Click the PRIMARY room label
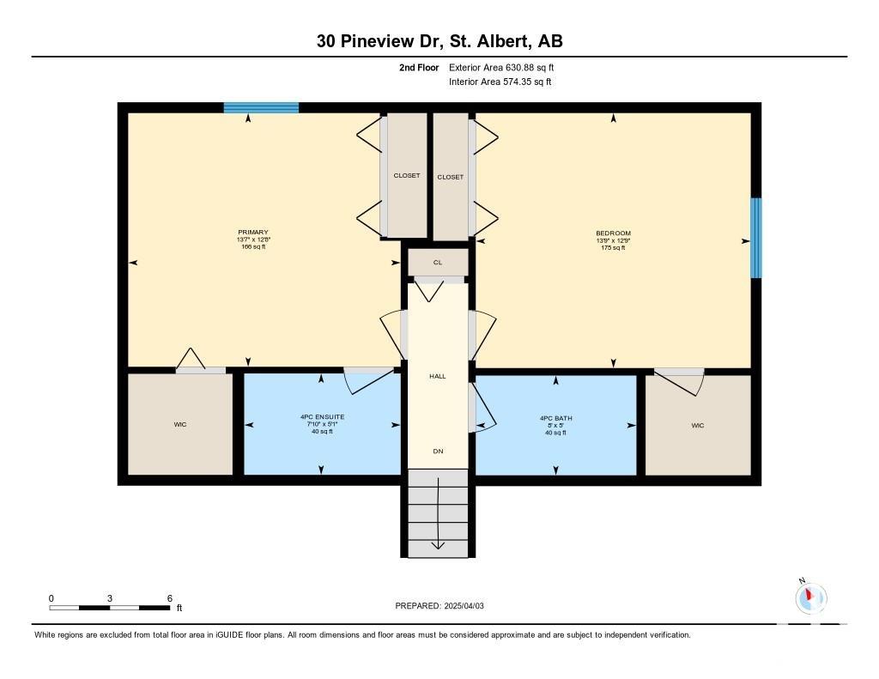tap(253, 232)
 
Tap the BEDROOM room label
tap(613, 233)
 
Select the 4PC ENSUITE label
tap(323, 417)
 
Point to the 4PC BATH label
tap(555, 418)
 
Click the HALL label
tap(438, 376)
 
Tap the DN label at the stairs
tap(438, 451)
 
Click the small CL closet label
tap(438, 263)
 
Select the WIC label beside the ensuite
tap(180, 424)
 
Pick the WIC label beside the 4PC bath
tap(697, 426)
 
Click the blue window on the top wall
tap(261, 107)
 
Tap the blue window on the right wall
tap(756, 238)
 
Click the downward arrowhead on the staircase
tap(438, 546)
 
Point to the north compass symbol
tap(810, 597)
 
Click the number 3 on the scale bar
tap(109, 599)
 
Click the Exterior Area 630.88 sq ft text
tap(501, 67)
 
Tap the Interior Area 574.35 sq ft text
tap(500, 82)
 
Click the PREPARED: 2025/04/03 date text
tap(439, 606)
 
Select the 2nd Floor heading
tap(419, 67)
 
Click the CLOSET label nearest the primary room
tap(406, 175)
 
